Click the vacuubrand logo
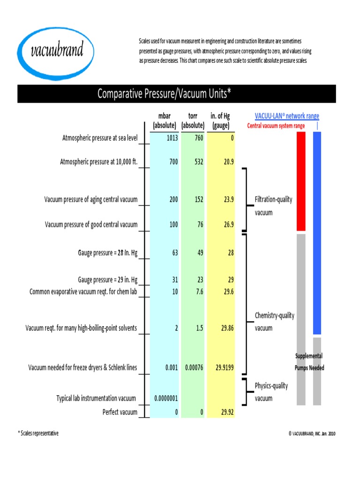coord(57,50)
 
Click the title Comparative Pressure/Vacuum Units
coord(164,94)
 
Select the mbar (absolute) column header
coord(165,120)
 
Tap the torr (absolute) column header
coord(193,120)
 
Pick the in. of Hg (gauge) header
coord(220,120)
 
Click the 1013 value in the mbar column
coord(172,138)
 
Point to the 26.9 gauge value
coord(228,224)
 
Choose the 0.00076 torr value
coord(194,367)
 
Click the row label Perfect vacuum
coord(120,412)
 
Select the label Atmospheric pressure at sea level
coord(100,138)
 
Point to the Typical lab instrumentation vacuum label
coord(96,398)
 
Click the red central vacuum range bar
coord(301,181)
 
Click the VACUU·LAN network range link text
coord(287,116)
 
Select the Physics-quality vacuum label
coord(271,392)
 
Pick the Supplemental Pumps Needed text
coord(309,362)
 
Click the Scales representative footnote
coord(38,434)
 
